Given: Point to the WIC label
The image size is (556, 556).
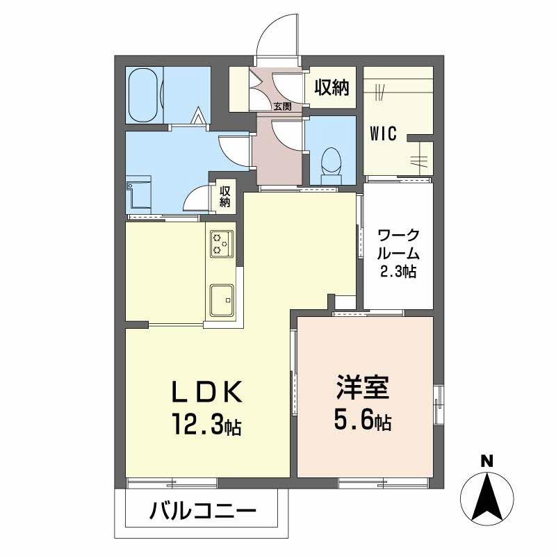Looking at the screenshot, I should pyautogui.click(x=383, y=133).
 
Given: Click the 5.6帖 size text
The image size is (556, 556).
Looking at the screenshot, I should pyautogui.click(x=362, y=419).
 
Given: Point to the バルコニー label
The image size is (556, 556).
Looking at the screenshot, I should pyautogui.click(x=202, y=514).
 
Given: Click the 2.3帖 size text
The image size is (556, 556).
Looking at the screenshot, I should pyautogui.click(x=397, y=272).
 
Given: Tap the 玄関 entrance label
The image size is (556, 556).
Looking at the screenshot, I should pyautogui.click(x=281, y=106).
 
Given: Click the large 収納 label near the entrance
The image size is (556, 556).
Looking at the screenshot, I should pyautogui.click(x=332, y=88).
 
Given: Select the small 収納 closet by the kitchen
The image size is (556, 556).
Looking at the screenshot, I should pyautogui.click(x=225, y=197).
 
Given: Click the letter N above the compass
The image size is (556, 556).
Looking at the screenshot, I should pyautogui.click(x=488, y=459).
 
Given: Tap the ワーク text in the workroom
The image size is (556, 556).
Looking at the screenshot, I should pyautogui.click(x=397, y=234).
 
